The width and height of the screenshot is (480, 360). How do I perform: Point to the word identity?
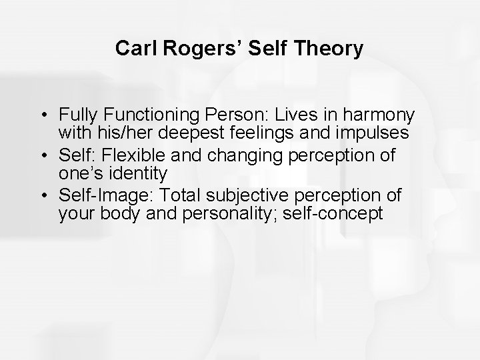click(137, 174)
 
